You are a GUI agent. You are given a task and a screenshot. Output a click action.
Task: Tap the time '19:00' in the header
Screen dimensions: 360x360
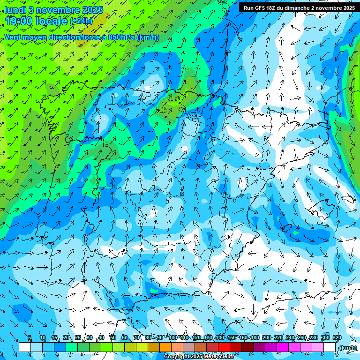coord(22,21)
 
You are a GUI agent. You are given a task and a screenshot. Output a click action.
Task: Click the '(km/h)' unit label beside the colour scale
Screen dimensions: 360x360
coord(347,348)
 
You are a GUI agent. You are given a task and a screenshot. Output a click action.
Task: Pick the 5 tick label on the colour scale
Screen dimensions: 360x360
coord(30,337)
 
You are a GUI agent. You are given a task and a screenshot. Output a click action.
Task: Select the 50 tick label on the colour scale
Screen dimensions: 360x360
coord(113,337)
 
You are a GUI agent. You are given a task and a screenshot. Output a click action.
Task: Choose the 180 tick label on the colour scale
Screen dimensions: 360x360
coord(255,337)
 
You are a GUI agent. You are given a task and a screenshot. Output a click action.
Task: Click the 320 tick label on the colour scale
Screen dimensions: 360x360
coord(337,337)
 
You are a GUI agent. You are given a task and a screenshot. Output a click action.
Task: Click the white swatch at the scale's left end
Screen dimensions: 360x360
coord(24,347)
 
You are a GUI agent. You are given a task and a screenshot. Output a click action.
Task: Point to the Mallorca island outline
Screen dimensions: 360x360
coord(319,207)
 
